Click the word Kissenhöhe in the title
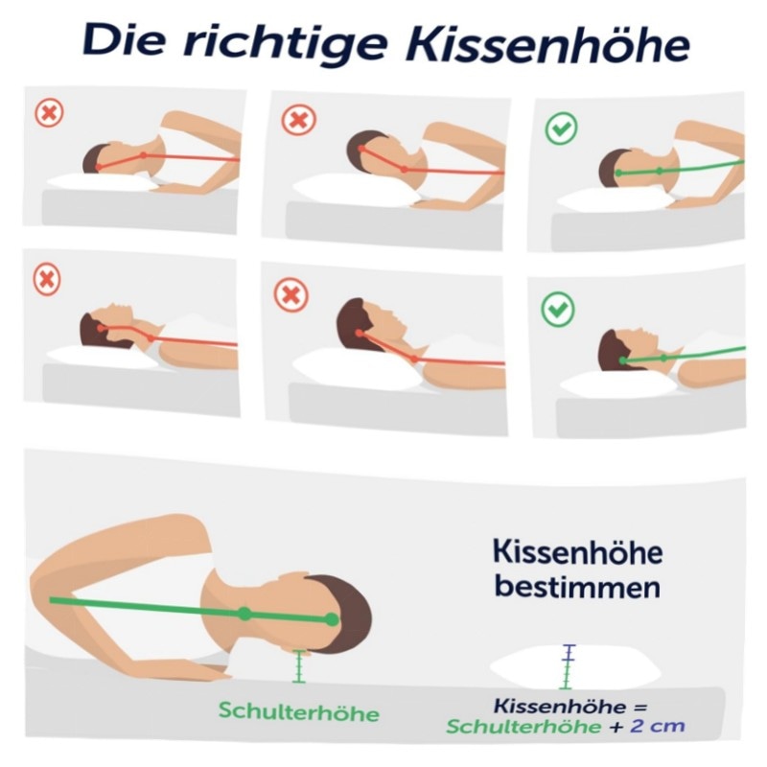coord(547,44)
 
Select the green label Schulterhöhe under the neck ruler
coord(299,711)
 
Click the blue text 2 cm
coord(657,726)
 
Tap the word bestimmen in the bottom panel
coord(577,587)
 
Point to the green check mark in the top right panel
coord(561,128)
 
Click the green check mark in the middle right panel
coord(558,309)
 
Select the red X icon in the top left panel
coord(49,113)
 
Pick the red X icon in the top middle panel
coord(298,119)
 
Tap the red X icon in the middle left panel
coord(47,280)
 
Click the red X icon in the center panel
coord(291,295)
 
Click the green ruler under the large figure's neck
coord(299,666)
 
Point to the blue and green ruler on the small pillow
coord(567,666)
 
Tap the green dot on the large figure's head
coord(332,619)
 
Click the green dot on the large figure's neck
coord(244,614)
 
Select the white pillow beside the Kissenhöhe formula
coord(575,668)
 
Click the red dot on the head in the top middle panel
coord(361,149)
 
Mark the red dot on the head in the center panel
coord(360,333)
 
